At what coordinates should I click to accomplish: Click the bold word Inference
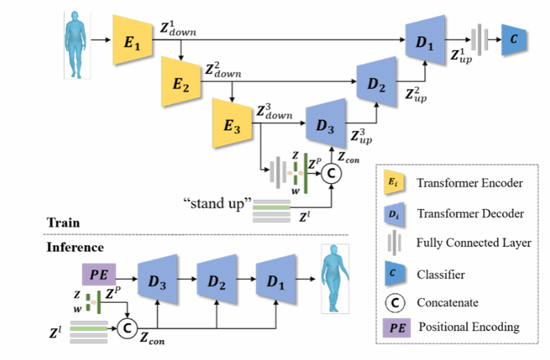(x=74, y=246)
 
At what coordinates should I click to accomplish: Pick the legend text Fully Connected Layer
(x=473, y=243)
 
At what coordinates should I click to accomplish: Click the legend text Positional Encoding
(x=468, y=327)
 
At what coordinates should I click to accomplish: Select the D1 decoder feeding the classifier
(x=424, y=41)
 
